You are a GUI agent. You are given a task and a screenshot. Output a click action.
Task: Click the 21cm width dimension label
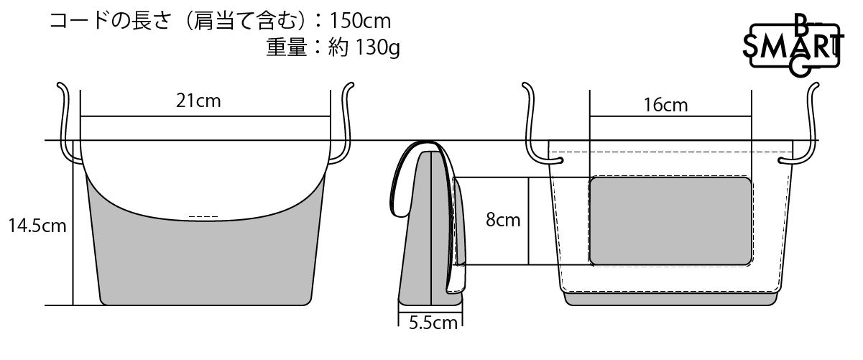[x=198, y=101]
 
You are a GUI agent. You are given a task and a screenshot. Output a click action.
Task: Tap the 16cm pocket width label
[x=665, y=105]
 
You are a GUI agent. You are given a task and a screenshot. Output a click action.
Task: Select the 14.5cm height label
[x=37, y=226]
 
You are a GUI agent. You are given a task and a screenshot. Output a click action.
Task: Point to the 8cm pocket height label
[x=503, y=220]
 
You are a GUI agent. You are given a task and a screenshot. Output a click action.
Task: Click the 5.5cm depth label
[x=433, y=323]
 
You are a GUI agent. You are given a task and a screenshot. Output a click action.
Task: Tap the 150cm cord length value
[x=360, y=21]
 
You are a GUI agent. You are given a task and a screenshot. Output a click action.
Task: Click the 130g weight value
[x=377, y=48]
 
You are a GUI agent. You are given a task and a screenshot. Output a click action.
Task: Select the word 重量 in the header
[x=287, y=47]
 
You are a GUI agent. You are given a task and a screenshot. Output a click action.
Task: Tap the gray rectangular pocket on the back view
[x=670, y=221]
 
